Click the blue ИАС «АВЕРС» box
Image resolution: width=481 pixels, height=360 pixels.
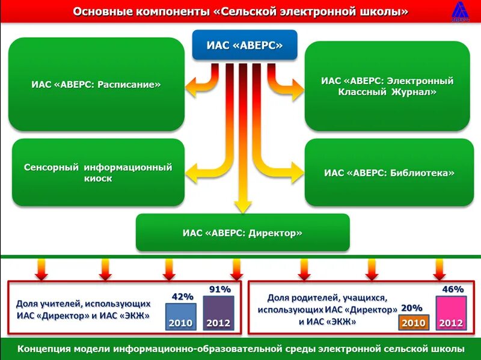[244, 46]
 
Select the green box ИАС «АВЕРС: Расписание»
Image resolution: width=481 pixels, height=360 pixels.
[96, 85]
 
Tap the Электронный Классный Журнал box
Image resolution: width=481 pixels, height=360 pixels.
[387, 86]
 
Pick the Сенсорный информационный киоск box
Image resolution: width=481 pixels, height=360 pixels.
[98, 172]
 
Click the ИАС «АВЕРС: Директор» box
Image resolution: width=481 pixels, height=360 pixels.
[242, 233]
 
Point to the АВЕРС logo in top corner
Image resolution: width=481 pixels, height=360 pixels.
[461, 11]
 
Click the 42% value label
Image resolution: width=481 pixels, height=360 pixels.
[182, 296]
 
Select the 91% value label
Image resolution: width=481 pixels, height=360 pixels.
[219, 289]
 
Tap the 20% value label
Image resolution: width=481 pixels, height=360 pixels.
[411, 308]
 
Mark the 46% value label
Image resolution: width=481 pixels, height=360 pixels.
[453, 289]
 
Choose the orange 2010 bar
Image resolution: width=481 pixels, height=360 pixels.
[413, 323]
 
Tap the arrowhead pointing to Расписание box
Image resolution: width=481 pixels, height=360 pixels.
[191, 89]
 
